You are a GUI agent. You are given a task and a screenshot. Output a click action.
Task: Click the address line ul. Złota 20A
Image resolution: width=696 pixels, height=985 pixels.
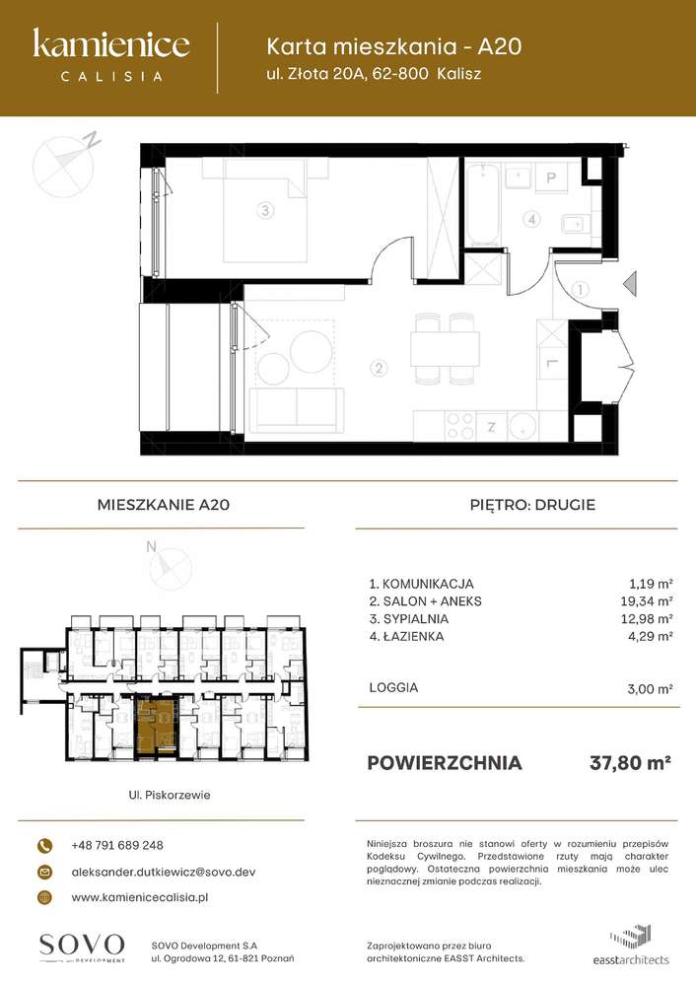(375, 73)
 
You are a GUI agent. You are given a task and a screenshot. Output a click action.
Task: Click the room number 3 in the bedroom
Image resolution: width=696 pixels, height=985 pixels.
(264, 209)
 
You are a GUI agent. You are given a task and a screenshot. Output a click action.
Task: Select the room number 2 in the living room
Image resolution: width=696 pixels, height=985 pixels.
(377, 370)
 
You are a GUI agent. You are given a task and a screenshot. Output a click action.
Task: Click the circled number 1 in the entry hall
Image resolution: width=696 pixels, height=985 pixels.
(581, 290)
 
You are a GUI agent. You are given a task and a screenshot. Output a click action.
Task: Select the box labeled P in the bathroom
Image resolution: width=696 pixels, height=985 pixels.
(552, 177)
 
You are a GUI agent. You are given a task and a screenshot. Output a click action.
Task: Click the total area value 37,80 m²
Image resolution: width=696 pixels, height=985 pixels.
(630, 762)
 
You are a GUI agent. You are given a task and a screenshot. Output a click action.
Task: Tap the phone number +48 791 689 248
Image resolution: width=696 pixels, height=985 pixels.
(117, 845)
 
